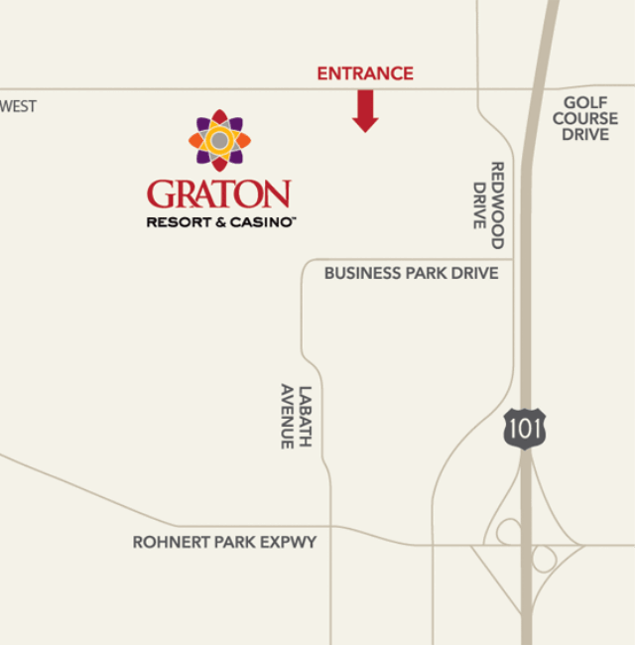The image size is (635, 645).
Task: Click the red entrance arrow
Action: pos(365,110)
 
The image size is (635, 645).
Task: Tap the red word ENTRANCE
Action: pos(365,73)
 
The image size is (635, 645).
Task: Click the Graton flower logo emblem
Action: pos(219,140)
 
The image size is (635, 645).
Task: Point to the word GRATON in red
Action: pos(219,193)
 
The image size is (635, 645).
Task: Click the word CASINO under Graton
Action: pos(261,222)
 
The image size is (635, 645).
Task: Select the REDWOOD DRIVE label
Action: pos(489,204)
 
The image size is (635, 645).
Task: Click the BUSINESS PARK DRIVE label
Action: pos(411,273)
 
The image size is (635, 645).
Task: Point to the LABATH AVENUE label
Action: pos(296,417)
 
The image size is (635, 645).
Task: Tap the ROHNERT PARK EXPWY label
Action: pos(224,543)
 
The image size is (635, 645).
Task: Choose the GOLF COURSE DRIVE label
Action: pos(585,118)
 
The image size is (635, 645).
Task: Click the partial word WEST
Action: pos(19,106)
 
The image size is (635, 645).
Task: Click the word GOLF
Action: pos(585,102)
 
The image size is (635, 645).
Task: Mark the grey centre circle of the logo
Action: pos(219,140)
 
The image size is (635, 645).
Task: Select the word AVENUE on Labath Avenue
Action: pos(287,417)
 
